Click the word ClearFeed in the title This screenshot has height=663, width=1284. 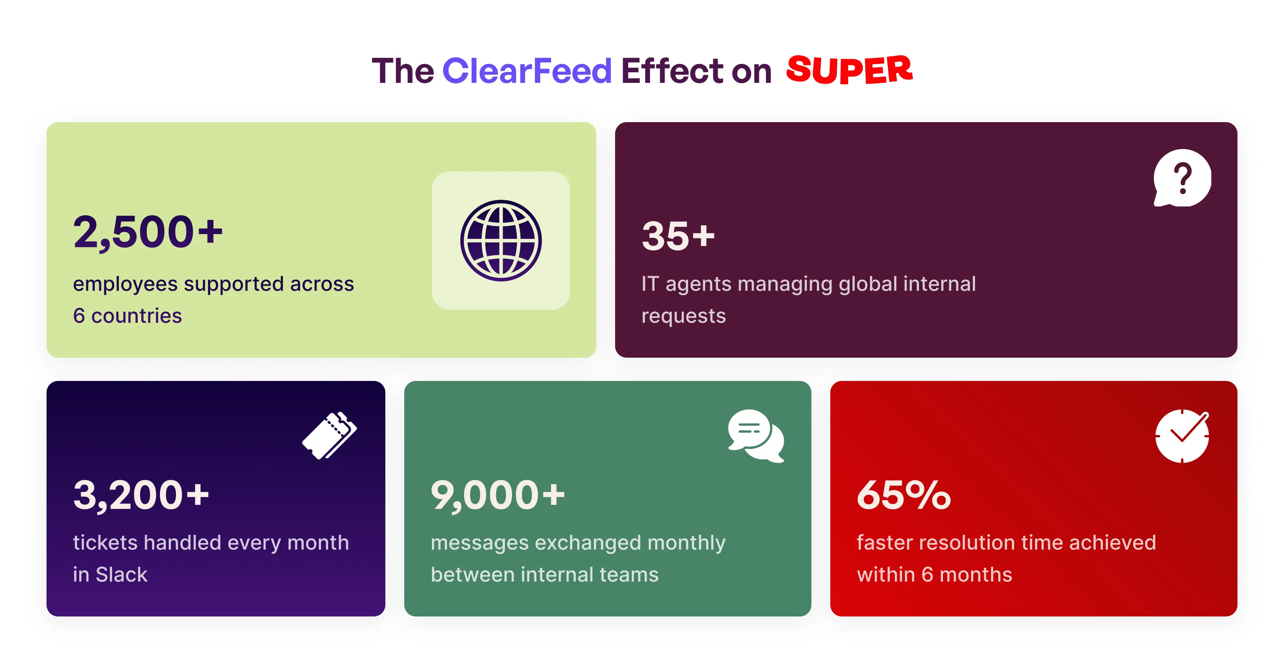(526, 71)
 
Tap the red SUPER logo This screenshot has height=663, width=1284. (849, 69)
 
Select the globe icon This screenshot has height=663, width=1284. (501, 241)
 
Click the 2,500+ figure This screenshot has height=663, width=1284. (148, 232)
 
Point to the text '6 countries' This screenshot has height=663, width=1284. (127, 316)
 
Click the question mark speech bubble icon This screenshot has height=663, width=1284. (1182, 178)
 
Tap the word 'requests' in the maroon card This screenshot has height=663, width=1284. (683, 316)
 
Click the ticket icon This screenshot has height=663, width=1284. (329, 435)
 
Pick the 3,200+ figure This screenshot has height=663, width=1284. (141, 495)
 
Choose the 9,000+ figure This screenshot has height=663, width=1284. (497, 495)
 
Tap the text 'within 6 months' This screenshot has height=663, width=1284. (934, 575)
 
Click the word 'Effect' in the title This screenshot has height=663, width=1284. (673, 71)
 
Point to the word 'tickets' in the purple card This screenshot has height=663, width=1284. (104, 543)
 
